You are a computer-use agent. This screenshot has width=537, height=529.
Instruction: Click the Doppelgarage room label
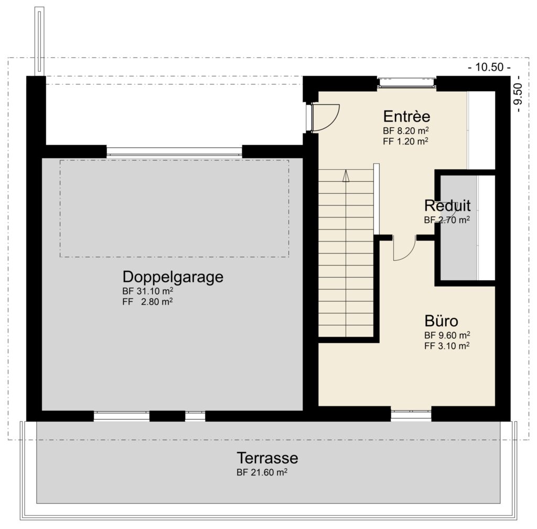tap(173, 277)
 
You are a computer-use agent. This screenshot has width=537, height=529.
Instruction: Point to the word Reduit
tap(447, 205)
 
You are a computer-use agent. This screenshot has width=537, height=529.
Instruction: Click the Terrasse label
tap(267, 458)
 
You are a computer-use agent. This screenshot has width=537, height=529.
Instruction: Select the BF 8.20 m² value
tap(406, 130)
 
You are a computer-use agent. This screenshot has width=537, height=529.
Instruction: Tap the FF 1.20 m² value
tap(406, 140)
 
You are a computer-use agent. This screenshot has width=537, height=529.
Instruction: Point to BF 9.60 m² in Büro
tap(447, 335)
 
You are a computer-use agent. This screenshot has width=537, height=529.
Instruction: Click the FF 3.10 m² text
tap(447, 346)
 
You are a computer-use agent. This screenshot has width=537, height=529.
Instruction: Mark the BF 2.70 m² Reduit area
tap(447, 220)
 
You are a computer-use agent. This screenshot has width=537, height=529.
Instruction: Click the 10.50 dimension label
tap(489, 67)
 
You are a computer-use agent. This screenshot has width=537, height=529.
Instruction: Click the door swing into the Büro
tap(404, 249)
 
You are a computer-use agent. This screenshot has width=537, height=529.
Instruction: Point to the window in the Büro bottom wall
tap(411, 415)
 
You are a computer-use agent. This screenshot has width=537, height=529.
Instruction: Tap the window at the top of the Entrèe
tap(407, 82)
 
